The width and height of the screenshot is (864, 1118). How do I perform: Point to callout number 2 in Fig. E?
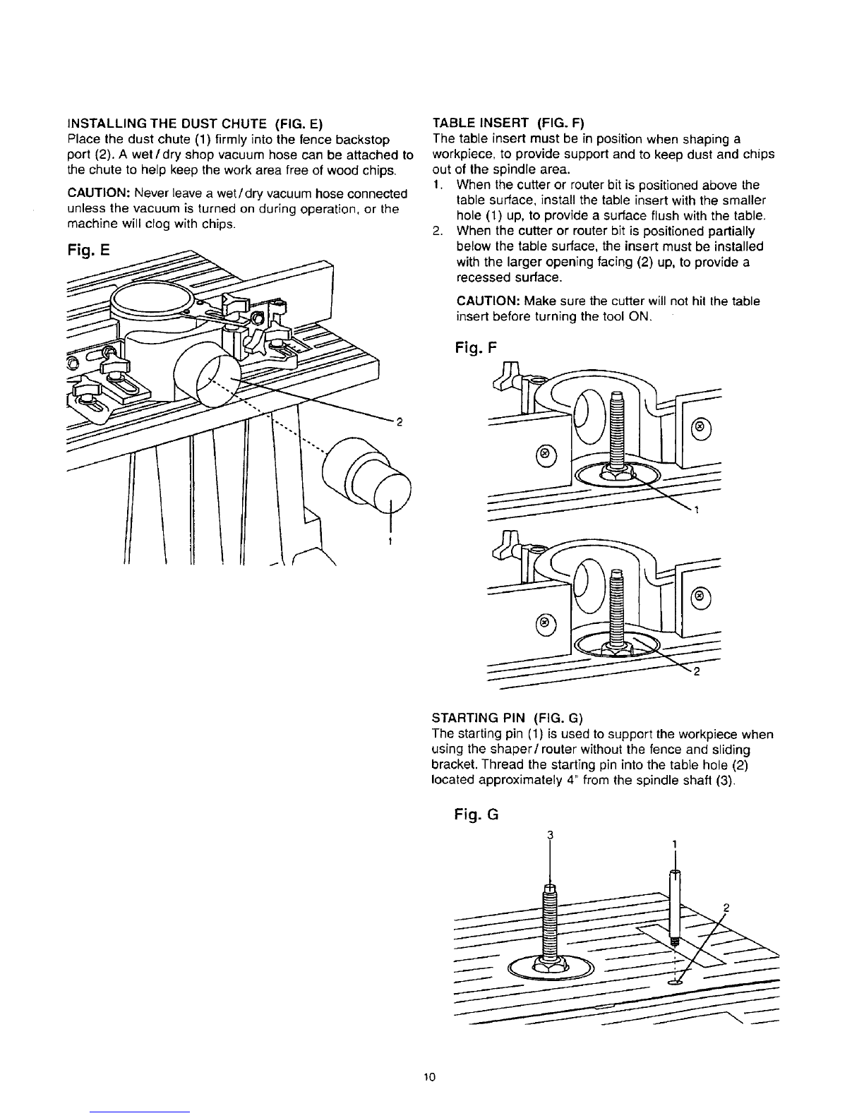(399, 423)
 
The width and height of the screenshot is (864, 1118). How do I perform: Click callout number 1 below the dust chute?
(390, 541)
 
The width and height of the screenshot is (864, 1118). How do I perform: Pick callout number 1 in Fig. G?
(675, 843)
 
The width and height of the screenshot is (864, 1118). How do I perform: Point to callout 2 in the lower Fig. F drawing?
(697, 671)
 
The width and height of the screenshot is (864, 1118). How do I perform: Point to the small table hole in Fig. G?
(673, 982)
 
